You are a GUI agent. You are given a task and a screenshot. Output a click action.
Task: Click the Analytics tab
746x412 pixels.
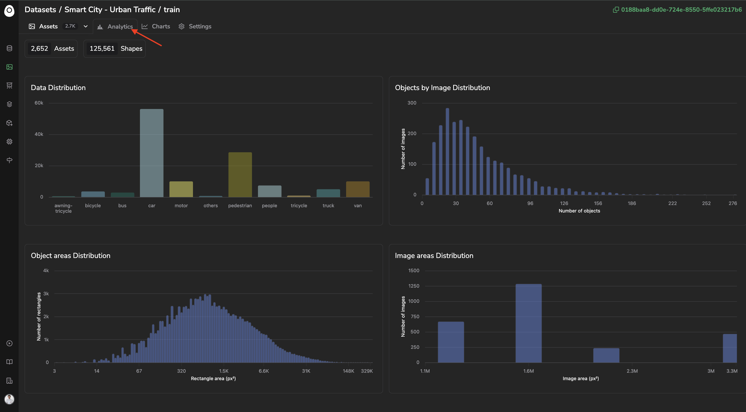[115, 26]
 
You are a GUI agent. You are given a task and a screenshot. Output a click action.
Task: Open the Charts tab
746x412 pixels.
[156, 26]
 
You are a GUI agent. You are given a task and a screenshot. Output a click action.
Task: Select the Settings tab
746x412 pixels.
[195, 26]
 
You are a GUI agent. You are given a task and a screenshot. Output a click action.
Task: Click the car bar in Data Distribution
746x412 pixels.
[151, 153]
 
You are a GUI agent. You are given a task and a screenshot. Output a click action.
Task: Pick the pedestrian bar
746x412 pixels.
[240, 175]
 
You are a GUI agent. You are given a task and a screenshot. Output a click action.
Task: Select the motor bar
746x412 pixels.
[181, 189]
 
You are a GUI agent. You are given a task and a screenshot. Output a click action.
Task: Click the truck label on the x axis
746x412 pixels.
[328, 206]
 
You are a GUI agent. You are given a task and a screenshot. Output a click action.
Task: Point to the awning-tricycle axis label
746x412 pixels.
[63, 208]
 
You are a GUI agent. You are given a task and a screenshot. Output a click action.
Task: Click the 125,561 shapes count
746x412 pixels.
[102, 49]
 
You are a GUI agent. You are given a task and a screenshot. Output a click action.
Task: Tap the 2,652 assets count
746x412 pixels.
[39, 49]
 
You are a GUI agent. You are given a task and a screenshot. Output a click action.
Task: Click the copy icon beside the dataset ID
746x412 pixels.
[616, 10]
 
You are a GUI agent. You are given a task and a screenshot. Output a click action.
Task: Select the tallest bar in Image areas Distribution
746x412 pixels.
[529, 323]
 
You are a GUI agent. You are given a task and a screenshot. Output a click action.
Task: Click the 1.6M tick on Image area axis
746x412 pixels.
[529, 371]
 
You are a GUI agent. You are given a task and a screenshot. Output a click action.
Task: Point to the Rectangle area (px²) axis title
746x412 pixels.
[213, 378]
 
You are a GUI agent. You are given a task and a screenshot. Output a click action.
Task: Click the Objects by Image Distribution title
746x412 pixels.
[442, 88]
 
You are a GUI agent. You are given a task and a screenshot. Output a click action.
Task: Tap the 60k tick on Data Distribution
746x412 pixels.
[39, 103]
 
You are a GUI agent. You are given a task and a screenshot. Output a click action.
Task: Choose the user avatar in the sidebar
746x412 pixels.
[9, 399]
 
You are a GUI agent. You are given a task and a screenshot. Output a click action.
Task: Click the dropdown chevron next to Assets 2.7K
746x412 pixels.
[85, 26]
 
